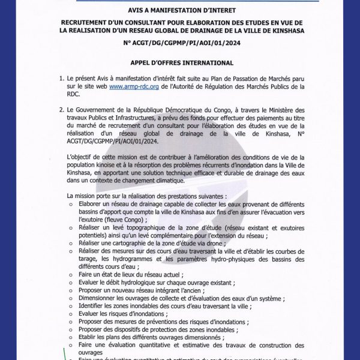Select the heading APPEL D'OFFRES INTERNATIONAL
pyautogui.click(x=182, y=62)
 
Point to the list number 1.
pyautogui.click(x=61, y=79)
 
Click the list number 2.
pyautogui.click(x=61, y=110)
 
